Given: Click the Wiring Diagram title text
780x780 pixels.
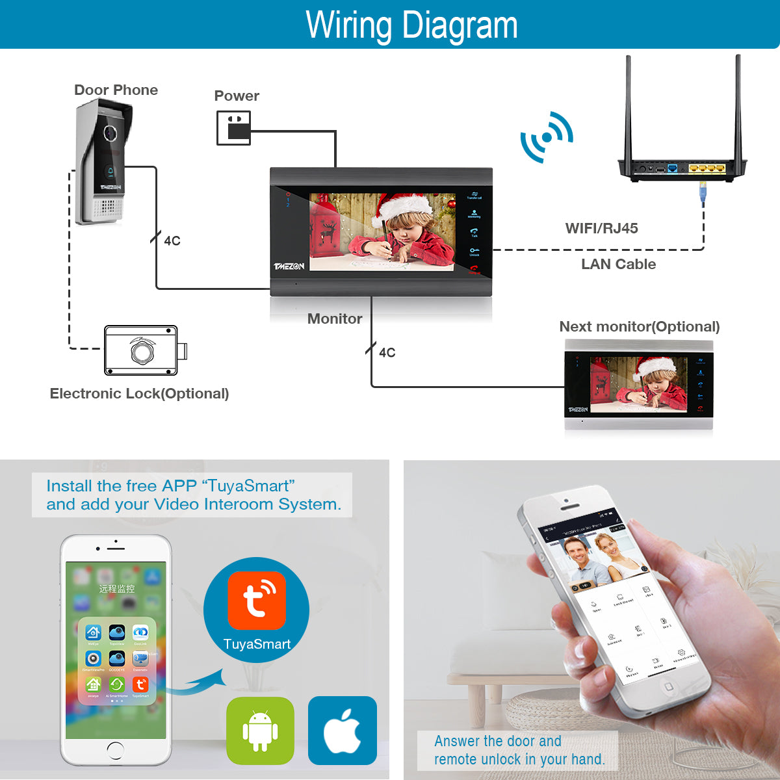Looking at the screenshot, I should pyautogui.click(x=411, y=25).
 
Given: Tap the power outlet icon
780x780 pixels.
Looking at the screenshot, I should pyautogui.click(x=233, y=127).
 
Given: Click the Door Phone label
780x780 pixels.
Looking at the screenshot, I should pyautogui.click(x=116, y=90).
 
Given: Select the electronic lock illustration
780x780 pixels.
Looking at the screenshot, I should pyautogui.click(x=144, y=351).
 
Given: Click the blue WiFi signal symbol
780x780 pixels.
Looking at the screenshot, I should pyautogui.click(x=547, y=137).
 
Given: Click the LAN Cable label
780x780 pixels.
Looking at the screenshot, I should pyautogui.click(x=618, y=264).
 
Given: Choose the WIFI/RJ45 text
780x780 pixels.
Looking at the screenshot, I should pyautogui.click(x=601, y=228).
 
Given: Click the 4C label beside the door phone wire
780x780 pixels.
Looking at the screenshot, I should pyautogui.click(x=172, y=241).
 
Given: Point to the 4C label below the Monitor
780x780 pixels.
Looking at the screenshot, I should pyautogui.click(x=387, y=352).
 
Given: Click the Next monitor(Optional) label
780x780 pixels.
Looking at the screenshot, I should pyautogui.click(x=639, y=326).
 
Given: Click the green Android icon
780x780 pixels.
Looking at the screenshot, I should pyautogui.click(x=260, y=731).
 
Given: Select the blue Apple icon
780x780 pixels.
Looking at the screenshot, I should pyautogui.click(x=343, y=731).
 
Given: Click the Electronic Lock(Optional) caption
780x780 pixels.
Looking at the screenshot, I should pyautogui.click(x=139, y=393).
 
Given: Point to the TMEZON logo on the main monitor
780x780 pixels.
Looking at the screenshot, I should pyautogui.click(x=289, y=266).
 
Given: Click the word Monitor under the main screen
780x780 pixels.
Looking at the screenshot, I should pyautogui.click(x=335, y=318).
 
